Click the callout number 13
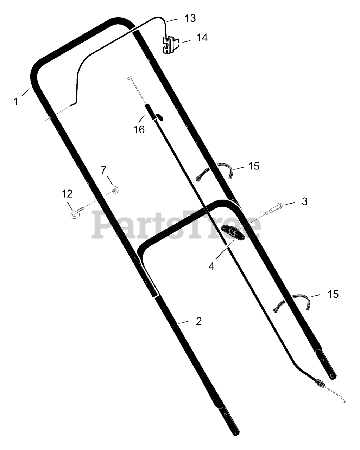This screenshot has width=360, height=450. pyautogui.click(x=190, y=18)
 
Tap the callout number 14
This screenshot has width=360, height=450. pyautogui.click(x=202, y=38)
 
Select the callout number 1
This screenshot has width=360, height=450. pyautogui.click(x=16, y=102)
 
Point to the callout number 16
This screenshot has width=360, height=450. pyautogui.click(x=139, y=129)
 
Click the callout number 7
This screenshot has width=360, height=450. pyautogui.click(x=103, y=170)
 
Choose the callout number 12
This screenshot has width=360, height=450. pyautogui.click(x=67, y=194)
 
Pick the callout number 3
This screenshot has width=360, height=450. pyautogui.click(x=304, y=201)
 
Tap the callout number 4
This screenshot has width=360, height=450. pyautogui.click(x=211, y=266)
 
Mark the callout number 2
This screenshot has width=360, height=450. pyautogui.click(x=198, y=321)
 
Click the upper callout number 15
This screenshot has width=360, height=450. pyautogui.click(x=254, y=166)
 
